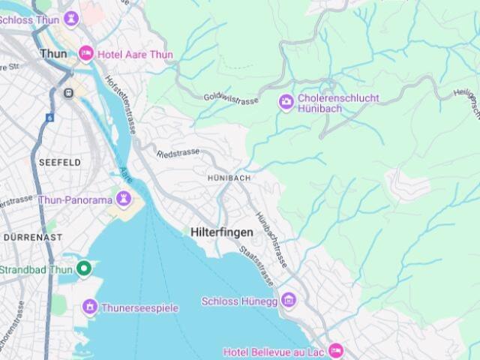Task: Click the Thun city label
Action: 52,53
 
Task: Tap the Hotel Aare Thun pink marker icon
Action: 86,53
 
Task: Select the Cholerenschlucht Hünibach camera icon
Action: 286,103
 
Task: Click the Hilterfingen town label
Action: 221,232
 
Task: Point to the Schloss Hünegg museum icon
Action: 289,301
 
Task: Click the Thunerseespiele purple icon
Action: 90,307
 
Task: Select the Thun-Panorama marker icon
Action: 124,199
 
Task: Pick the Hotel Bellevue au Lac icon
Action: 335,351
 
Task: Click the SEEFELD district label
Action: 60,162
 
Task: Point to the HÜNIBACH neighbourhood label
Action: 229,178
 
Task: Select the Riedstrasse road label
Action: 178,152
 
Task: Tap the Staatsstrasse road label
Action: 256,265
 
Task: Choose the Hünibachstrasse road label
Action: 272,239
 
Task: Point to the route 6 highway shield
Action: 49,118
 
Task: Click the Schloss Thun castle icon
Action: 71,16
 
